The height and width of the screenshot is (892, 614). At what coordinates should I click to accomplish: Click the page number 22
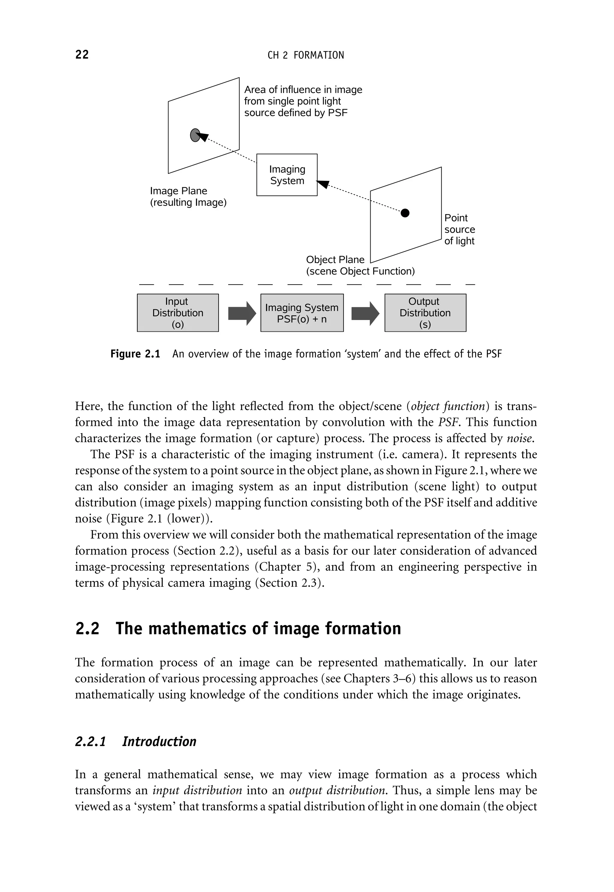tap(82, 55)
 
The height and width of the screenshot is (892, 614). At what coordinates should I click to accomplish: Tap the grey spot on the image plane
tap(195, 135)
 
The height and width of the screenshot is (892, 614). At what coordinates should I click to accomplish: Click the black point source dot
tap(405, 213)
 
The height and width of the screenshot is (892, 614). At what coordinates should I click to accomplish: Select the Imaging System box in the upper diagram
tap(287, 175)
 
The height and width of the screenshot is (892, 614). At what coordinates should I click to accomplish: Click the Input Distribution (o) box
tap(178, 313)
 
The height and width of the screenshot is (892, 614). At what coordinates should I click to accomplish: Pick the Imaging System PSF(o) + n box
tap(302, 313)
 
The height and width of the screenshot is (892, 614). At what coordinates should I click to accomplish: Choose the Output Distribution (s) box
tap(425, 313)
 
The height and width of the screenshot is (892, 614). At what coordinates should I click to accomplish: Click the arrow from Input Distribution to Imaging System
tap(242, 313)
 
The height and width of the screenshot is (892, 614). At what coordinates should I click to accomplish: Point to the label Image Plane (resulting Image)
tap(188, 197)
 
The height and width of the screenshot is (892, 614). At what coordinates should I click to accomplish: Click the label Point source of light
tap(459, 229)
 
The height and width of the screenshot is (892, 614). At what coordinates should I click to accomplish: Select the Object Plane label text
tap(335, 260)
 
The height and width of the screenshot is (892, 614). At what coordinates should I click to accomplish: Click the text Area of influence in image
tap(303, 90)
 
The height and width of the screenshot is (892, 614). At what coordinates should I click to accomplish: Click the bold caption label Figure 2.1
tap(135, 354)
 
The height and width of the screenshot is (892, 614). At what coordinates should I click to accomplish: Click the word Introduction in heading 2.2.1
tap(159, 741)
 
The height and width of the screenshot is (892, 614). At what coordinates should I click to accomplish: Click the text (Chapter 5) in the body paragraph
tap(285, 567)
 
